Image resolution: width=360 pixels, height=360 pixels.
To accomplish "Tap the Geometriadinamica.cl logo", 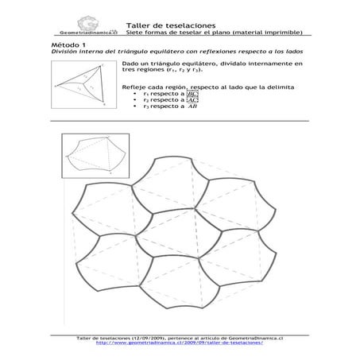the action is click(78, 28).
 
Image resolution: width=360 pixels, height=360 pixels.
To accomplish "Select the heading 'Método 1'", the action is click(65, 46).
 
